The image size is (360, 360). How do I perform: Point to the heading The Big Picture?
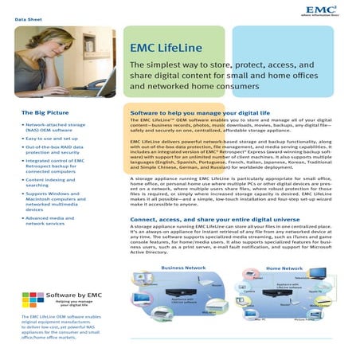45,113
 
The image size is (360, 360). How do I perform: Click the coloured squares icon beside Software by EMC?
33,299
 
